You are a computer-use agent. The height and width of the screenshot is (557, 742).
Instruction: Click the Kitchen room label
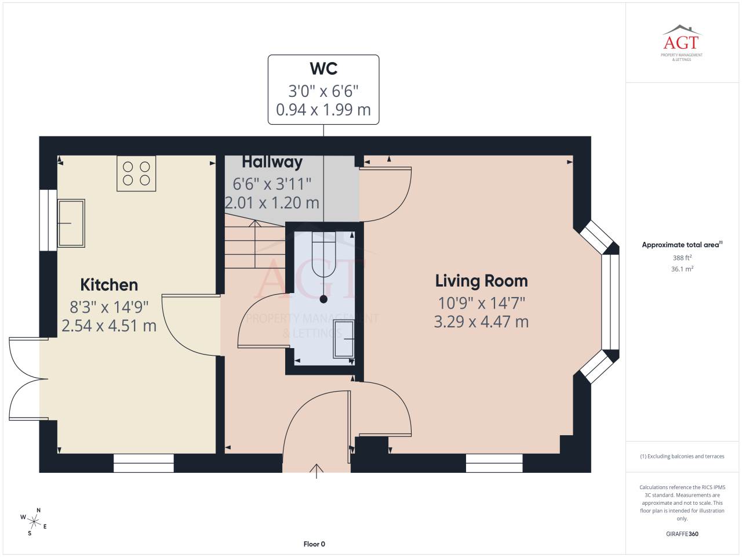click(109, 285)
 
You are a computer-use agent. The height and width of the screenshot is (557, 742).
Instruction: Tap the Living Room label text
click(481, 281)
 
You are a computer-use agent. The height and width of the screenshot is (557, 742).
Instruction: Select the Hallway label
click(272, 162)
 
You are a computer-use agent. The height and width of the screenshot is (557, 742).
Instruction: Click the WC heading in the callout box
click(323, 68)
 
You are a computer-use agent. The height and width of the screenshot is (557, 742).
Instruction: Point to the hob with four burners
click(136, 173)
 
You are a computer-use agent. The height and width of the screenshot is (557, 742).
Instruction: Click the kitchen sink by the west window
click(71, 223)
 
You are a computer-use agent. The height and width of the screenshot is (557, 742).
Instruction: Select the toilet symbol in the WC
click(323, 254)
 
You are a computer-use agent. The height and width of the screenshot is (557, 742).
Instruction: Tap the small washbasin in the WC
click(344, 338)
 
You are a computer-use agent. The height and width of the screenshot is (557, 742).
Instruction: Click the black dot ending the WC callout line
click(323, 299)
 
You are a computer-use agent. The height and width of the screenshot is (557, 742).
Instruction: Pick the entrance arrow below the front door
click(317, 471)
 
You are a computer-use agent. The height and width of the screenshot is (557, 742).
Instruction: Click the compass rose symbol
click(34, 522)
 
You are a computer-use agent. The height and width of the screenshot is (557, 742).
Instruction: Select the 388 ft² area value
click(682, 258)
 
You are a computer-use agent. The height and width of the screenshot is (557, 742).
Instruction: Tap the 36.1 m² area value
click(682, 269)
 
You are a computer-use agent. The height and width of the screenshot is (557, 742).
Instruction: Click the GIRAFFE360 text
click(682, 534)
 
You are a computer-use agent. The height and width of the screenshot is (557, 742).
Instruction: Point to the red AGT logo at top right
click(681, 42)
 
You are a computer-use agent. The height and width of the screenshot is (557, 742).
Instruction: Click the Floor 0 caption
click(314, 544)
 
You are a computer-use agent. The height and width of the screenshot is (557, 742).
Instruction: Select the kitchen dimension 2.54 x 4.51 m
click(109, 325)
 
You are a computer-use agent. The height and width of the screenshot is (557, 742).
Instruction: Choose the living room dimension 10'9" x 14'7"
click(481, 303)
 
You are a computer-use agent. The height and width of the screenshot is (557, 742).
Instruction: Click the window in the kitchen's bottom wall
click(144, 463)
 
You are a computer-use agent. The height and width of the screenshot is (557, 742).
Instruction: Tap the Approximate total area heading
click(682, 244)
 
